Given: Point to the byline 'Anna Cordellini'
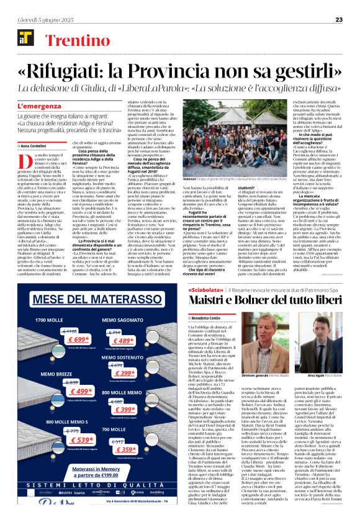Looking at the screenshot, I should (x=38, y=146).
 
